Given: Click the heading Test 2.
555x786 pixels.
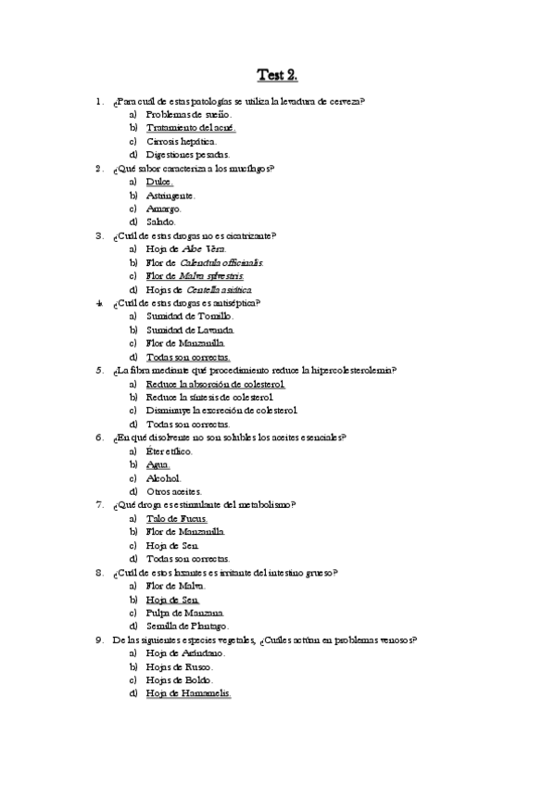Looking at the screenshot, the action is [277, 75].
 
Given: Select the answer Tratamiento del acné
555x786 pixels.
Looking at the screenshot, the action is [191, 127].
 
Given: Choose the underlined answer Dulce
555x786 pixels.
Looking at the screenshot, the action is [159, 182].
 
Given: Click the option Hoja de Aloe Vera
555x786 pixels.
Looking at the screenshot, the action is [185, 249].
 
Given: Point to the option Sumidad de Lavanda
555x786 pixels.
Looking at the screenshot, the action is [190, 329].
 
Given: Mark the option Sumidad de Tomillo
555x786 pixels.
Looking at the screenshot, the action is [189, 316].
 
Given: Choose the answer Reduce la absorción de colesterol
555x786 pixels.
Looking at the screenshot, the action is [215, 383].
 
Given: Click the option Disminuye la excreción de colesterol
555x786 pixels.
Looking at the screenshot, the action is [221, 410].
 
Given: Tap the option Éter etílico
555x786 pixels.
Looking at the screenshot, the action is [170, 450].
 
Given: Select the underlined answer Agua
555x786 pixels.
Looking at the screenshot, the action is [158, 463].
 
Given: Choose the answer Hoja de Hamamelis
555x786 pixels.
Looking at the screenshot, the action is [188, 692].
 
